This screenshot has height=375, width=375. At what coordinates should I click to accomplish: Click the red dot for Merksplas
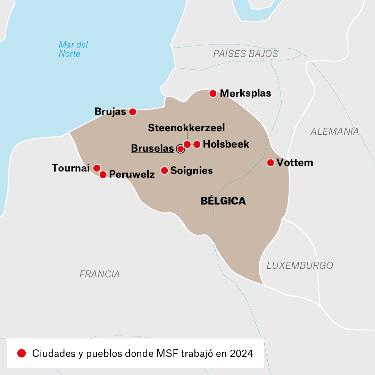(x=213, y=93)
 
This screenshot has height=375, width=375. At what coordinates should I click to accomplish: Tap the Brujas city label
(x=110, y=111)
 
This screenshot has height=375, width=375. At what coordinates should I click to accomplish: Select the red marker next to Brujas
(x=132, y=112)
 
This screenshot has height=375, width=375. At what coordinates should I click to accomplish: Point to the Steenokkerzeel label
(x=186, y=128)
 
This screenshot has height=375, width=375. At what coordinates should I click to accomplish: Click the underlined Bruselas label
(x=152, y=149)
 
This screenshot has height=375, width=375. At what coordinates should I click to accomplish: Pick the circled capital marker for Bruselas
(x=180, y=149)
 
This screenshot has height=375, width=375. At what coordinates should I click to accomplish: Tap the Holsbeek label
(x=226, y=144)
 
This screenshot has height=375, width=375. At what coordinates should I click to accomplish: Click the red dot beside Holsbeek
(x=197, y=144)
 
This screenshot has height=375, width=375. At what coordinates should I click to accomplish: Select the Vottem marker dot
(x=270, y=162)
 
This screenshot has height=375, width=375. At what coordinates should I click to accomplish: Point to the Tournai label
(x=71, y=168)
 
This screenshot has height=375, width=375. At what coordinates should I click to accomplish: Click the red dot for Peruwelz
(x=103, y=174)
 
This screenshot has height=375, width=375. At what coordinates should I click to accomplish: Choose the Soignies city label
(x=191, y=171)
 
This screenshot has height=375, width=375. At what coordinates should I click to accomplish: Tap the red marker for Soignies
(x=164, y=170)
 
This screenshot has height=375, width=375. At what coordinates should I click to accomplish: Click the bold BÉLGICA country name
(x=223, y=201)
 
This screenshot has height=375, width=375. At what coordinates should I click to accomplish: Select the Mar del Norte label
(x=73, y=49)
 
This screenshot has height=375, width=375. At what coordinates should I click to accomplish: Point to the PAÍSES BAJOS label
(x=245, y=53)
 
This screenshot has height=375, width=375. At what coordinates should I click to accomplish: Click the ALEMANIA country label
(x=335, y=131)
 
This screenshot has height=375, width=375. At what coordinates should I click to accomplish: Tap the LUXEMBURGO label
(x=300, y=266)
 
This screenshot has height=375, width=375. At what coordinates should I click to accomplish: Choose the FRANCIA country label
(x=100, y=274)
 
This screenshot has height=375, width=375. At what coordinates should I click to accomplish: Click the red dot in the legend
(x=22, y=353)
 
